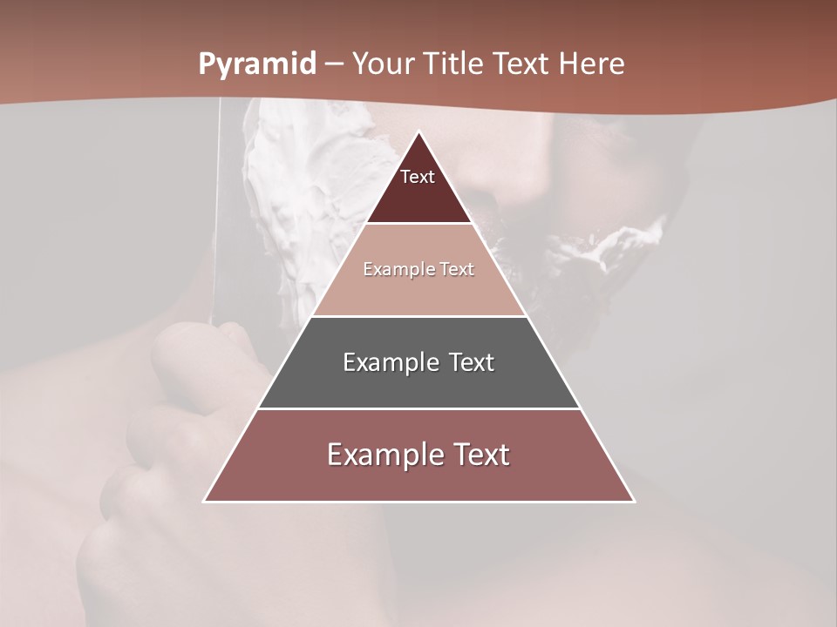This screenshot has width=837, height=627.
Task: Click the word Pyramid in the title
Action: (x=256, y=64)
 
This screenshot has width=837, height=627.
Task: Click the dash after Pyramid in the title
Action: (x=333, y=64)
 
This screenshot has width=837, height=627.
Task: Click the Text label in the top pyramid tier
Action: (x=418, y=177)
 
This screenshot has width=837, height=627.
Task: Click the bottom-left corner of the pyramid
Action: (x=205, y=501)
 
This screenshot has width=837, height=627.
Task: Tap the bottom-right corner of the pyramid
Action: (x=634, y=501)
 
